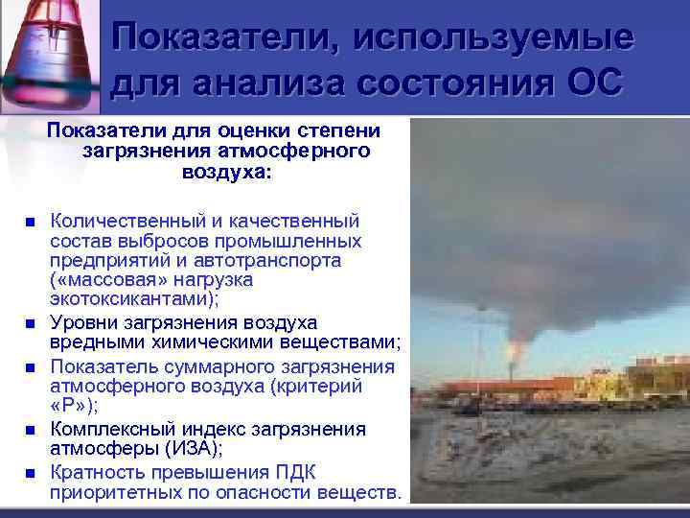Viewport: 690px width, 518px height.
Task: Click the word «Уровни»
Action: [83, 320]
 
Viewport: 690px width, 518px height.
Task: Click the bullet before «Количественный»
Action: [31, 223]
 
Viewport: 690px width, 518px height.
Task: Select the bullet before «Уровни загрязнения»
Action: [31, 321]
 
